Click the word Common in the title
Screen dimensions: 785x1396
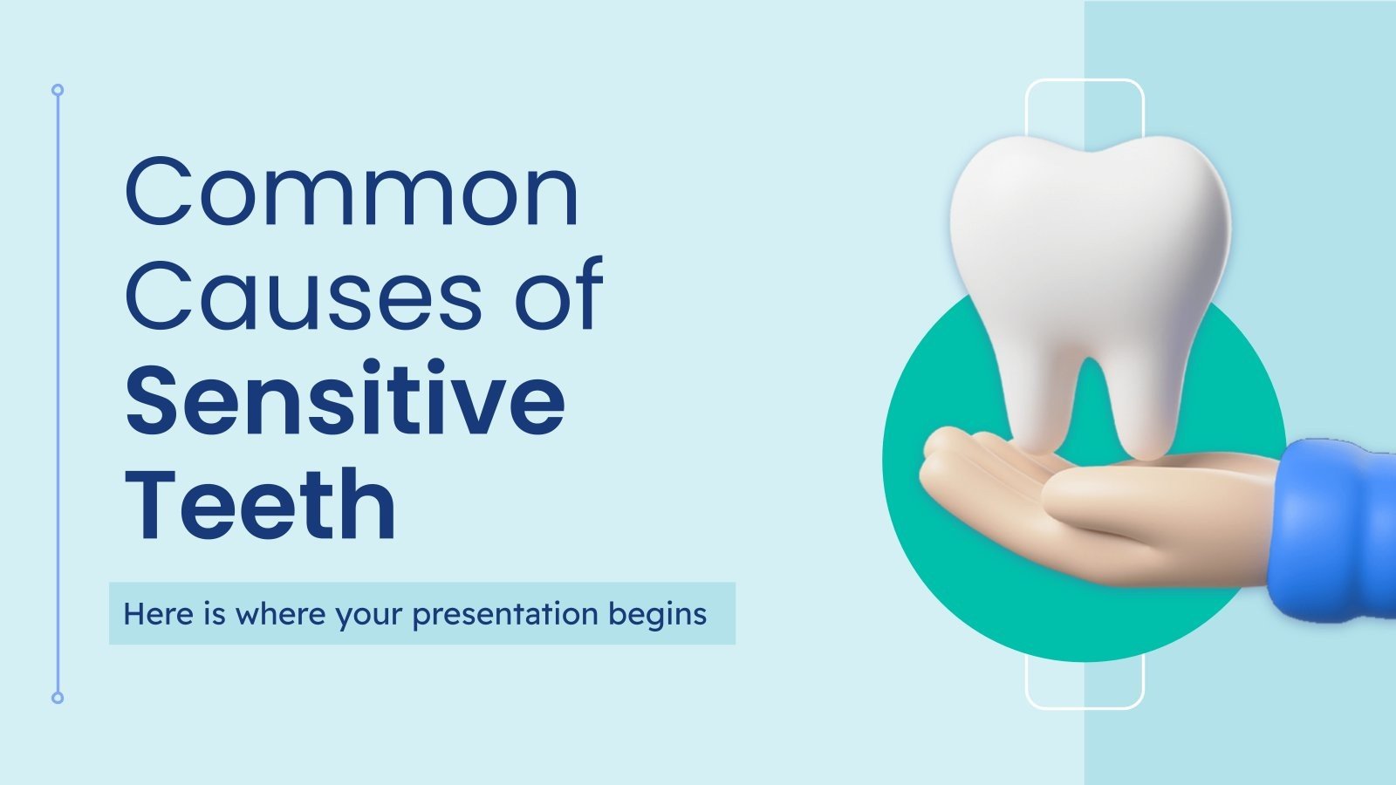352,192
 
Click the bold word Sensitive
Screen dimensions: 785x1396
346,399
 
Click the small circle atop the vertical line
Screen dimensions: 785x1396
58,90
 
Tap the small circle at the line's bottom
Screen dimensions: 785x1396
58,698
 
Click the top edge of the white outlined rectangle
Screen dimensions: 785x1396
1085,80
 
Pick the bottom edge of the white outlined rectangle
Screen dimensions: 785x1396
1085,707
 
